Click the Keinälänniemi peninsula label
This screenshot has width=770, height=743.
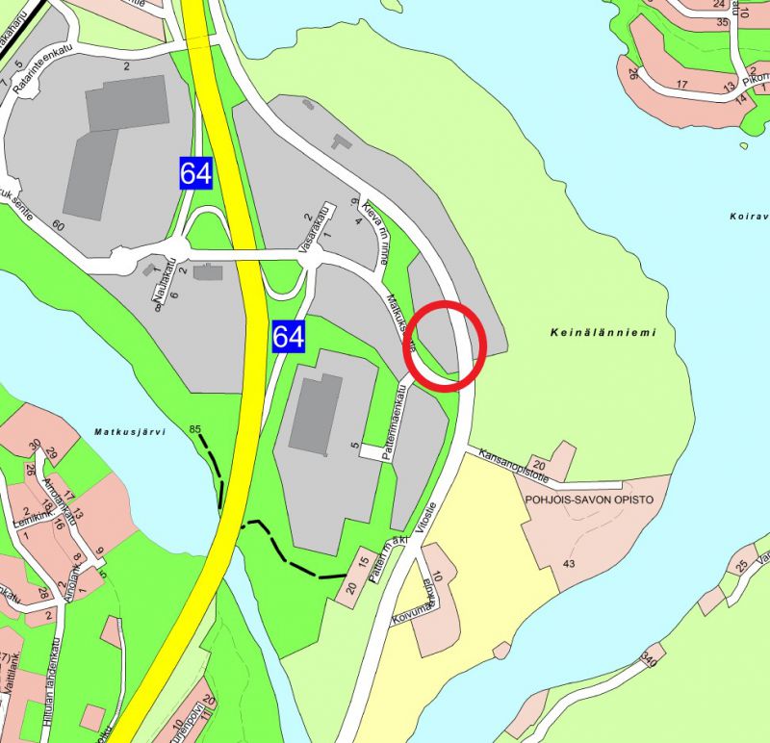click(604, 333)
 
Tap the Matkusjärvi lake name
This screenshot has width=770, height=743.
click(131, 433)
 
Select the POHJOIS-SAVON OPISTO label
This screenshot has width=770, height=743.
click(589, 500)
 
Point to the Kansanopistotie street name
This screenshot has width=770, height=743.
click(514, 465)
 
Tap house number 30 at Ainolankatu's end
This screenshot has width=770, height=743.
click(35, 445)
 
